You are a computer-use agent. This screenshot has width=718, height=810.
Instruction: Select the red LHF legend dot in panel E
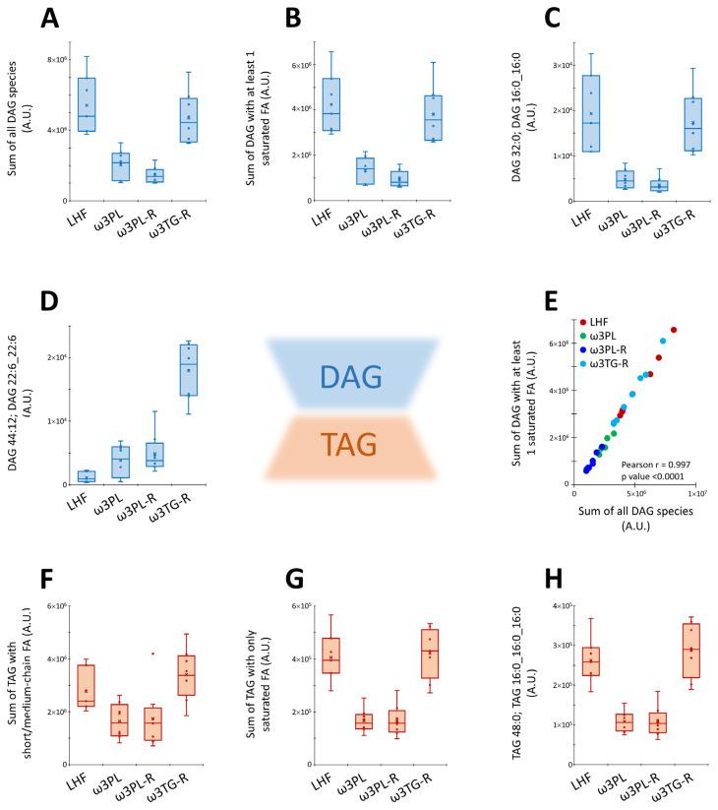[582, 322]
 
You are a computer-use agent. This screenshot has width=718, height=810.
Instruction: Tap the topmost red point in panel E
[674, 331]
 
